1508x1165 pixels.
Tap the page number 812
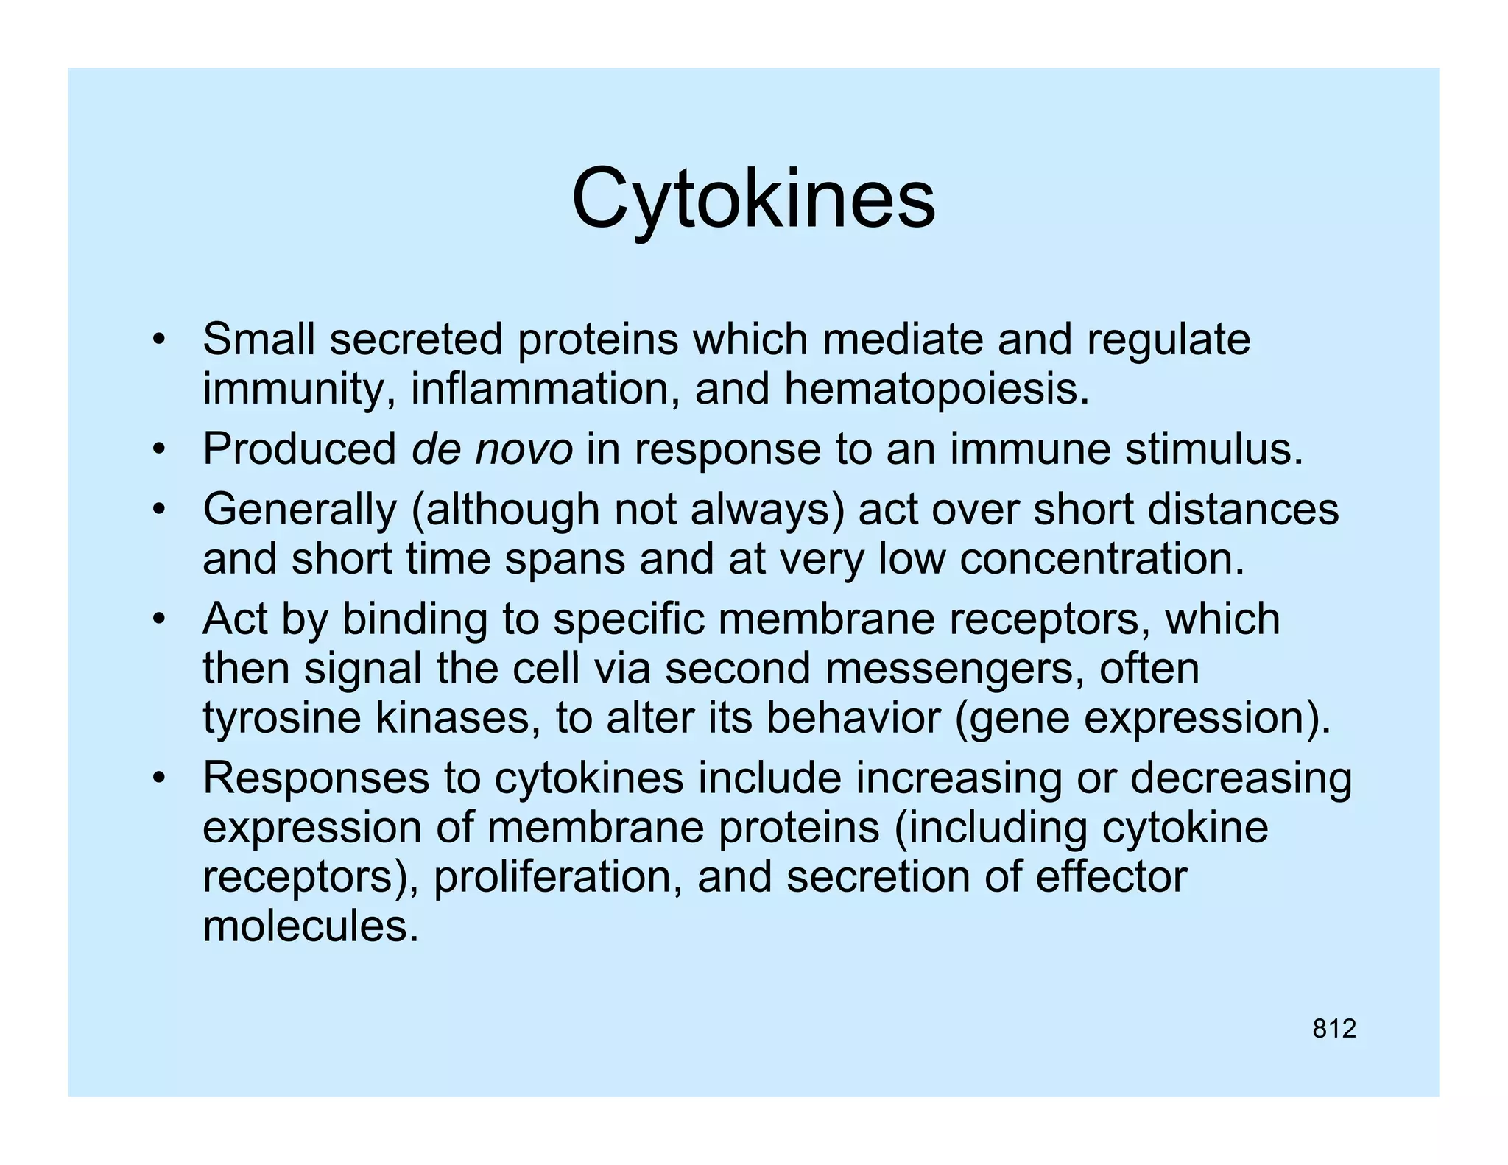tap(1333, 1029)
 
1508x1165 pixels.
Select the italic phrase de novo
tap(492, 449)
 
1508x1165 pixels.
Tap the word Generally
tap(299, 510)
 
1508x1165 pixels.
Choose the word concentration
tap(1102, 559)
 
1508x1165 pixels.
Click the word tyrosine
tap(281, 718)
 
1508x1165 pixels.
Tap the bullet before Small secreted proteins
tap(158, 341)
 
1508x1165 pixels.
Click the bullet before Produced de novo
tap(158, 450)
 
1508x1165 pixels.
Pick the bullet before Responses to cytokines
tap(158, 779)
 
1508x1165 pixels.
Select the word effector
tap(1111, 877)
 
